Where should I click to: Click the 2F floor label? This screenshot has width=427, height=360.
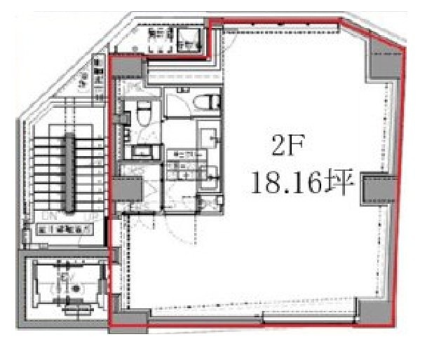point(285,148)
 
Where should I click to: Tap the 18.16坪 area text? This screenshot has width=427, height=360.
point(301,185)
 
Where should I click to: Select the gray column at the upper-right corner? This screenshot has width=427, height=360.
point(381,61)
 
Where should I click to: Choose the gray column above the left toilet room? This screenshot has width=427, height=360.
point(128,69)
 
